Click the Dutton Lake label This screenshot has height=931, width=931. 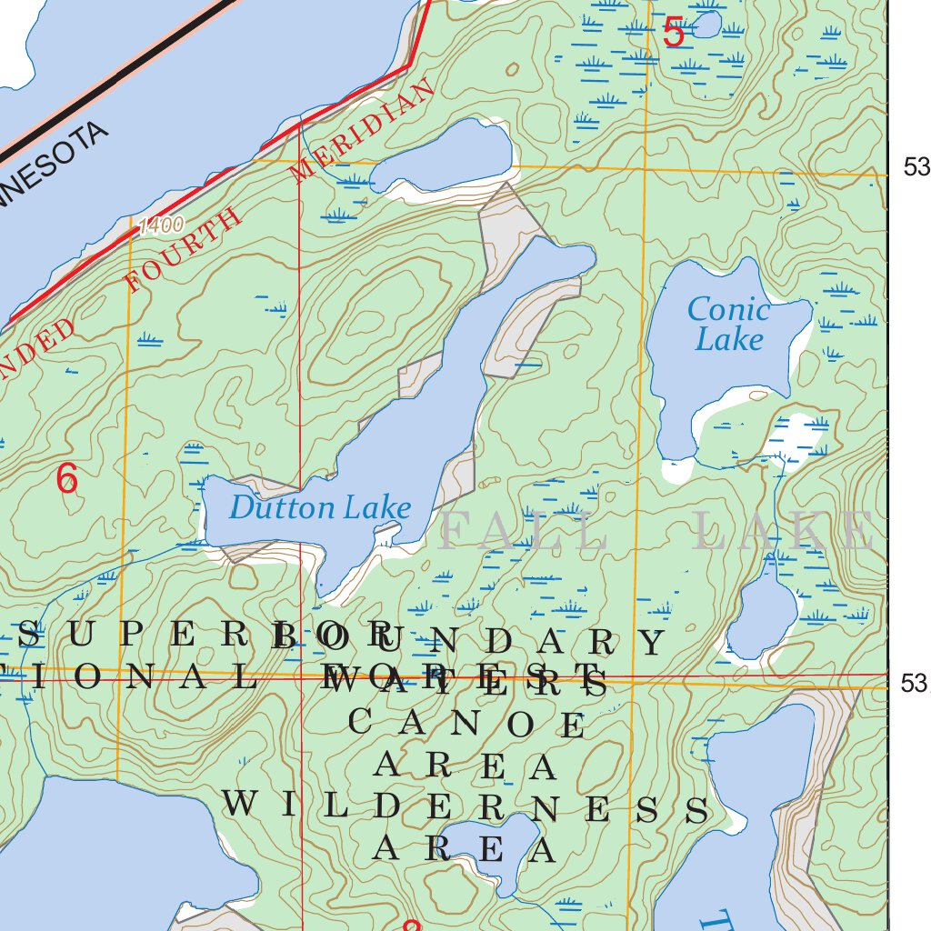pyautogui.click(x=319, y=507)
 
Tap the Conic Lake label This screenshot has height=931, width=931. pyautogui.click(x=728, y=324)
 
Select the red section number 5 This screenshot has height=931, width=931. pyautogui.click(x=673, y=34)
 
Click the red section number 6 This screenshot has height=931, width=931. pyautogui.click(x=66, y=478)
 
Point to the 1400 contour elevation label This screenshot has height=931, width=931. pyautogui.click(x=162, y=225)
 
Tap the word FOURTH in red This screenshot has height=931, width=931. pyautogui.click(x=184, y=251)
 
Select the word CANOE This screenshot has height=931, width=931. pyautogui.click(x=467, y=724)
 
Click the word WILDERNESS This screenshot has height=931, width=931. pyautogui.click(x=465, y=806)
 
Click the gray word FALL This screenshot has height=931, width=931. pyautogui.click(x=524, y=532)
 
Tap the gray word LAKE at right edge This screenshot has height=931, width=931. pyautogui.click(x=782, y=532)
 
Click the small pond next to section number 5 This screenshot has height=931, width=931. pyautogui.click(x=705, y=25)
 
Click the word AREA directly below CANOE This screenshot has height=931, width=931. pyautogui.click(x=465, y=766)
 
